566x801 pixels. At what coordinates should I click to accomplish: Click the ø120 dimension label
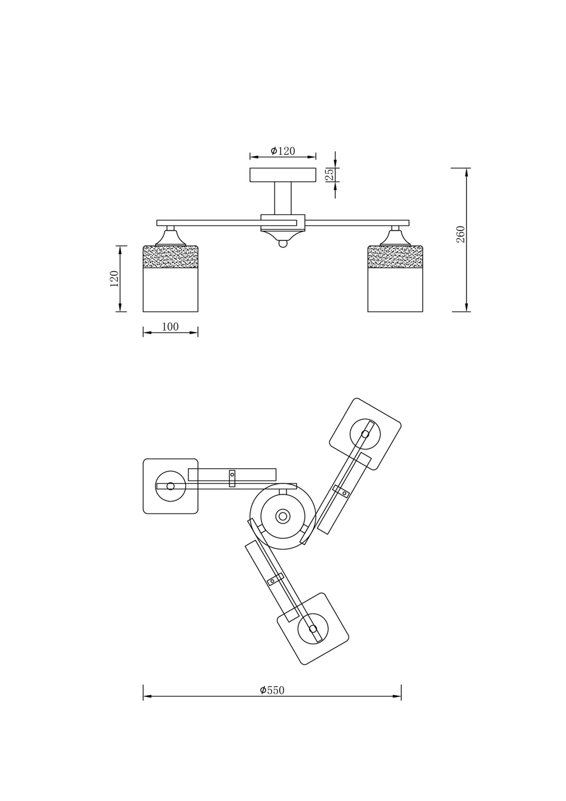(x=282, y=151)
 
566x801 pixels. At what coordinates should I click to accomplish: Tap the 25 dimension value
(x=331, y=174)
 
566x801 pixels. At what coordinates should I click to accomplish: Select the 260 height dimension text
(x=461, y=234)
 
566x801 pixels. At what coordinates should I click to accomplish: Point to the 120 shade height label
(x=114, y=279)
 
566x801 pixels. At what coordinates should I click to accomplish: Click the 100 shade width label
(x=170, y=327)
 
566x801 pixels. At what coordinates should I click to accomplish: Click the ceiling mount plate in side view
(x=282, y=175)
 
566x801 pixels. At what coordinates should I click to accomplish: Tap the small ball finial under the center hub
(x=282, y=244)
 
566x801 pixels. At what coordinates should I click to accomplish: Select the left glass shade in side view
(x=170, y=278)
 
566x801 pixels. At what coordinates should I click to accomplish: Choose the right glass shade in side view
(x=396, y=278)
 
